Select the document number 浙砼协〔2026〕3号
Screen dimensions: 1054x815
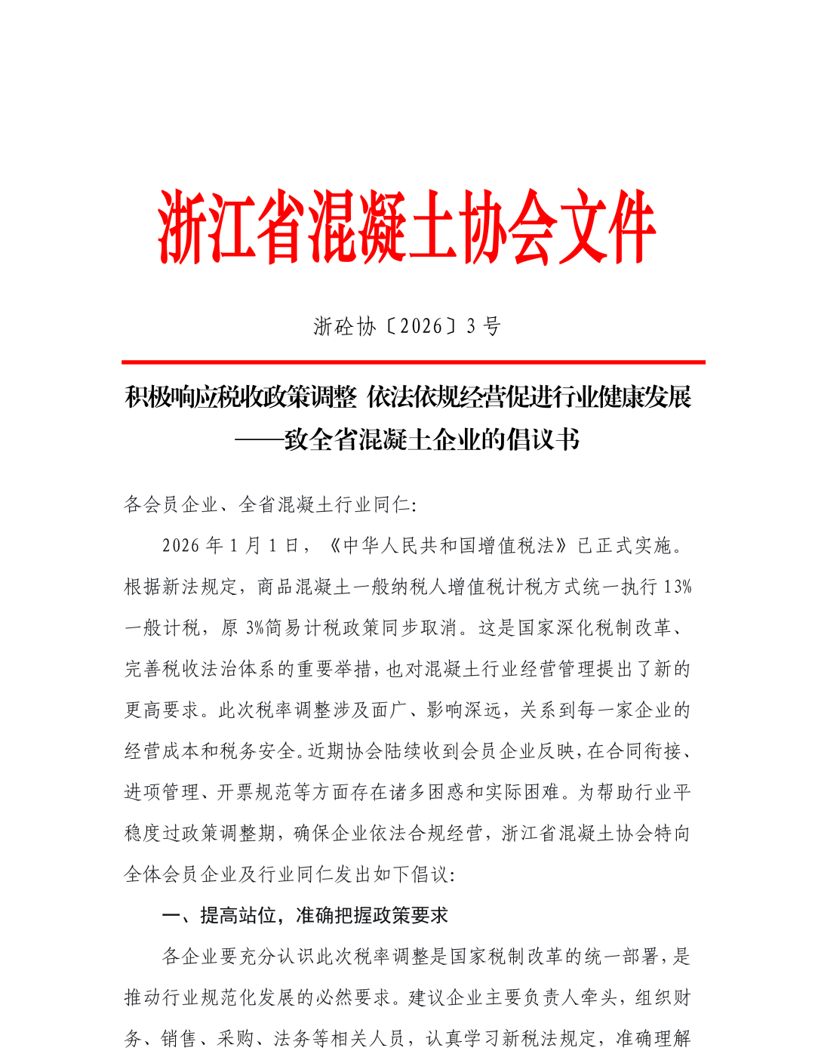tap(407, 326)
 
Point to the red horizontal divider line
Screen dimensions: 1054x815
tap(413, 362)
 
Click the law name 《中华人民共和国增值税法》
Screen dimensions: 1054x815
tap(448, 546)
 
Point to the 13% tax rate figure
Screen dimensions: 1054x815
tap(678, 587)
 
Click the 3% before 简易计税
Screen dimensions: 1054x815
tap(254, 628)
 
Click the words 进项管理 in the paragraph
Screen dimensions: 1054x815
tap(161, 792)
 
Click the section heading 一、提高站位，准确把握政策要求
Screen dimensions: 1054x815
tap(305, 916)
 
